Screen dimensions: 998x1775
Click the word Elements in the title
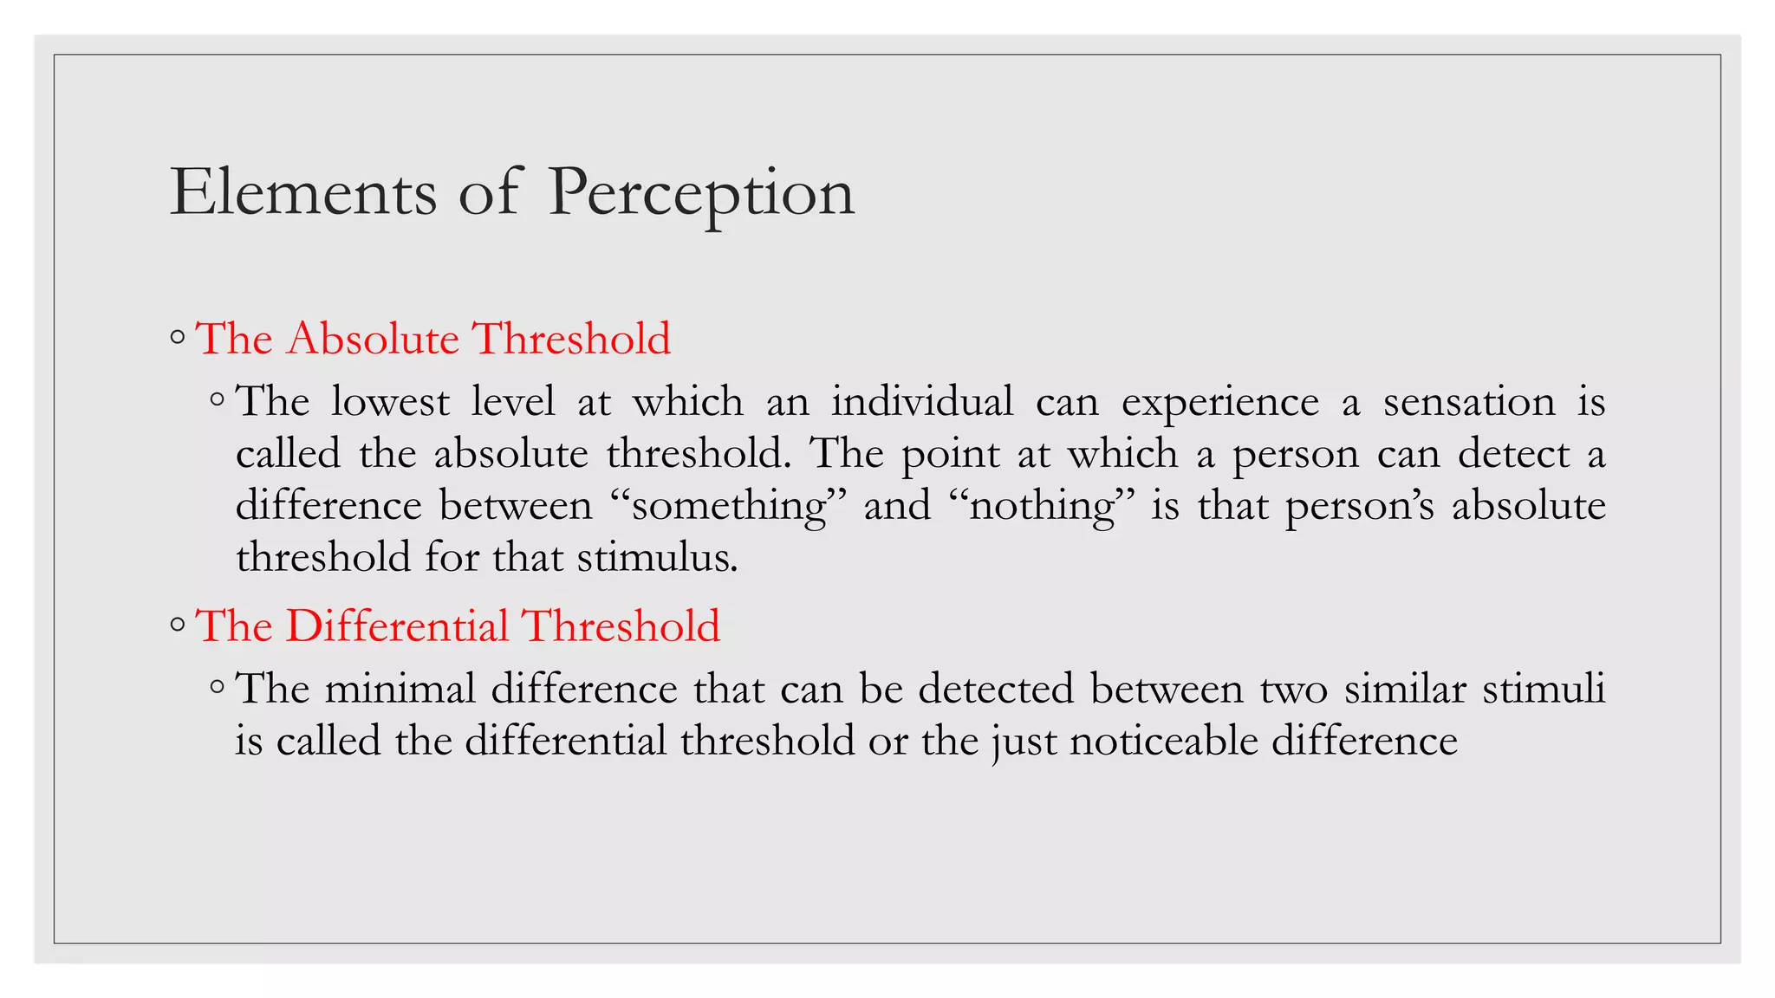(303, 192)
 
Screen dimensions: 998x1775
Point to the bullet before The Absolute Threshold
(178, 338)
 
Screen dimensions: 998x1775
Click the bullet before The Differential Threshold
(178, 625)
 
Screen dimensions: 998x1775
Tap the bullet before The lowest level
(218, 400)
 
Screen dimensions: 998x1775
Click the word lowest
(390, 401)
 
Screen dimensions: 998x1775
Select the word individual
(922, 401)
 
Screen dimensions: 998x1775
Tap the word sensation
(1469, 402)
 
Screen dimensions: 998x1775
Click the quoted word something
(728, 506)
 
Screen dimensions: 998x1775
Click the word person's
(1360, 507)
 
